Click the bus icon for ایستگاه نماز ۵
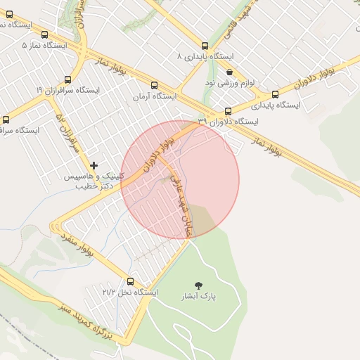(x=45, y=34)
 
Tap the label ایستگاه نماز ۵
(x=44, y=45)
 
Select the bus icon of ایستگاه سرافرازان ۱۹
(x=67, y=79)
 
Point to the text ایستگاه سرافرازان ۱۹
(x=67, y=91)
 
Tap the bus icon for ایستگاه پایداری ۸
(x=205, y=46)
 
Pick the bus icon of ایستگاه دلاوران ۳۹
(x=228, y=111)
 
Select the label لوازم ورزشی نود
(x=229, y=83)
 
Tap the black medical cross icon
(x=94, y=165)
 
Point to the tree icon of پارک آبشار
(x=199, y=285)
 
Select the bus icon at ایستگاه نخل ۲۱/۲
(x=130, y=281)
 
